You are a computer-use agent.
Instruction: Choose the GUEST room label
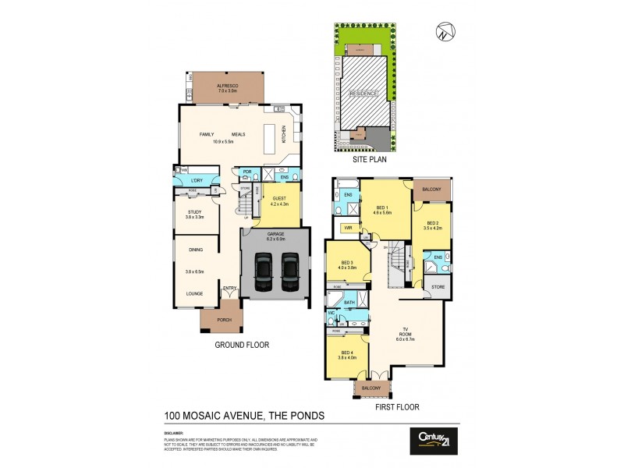coord(278,198)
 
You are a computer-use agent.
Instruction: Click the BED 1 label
coord(381,207)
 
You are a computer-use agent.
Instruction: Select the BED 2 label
coord(433,223)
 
